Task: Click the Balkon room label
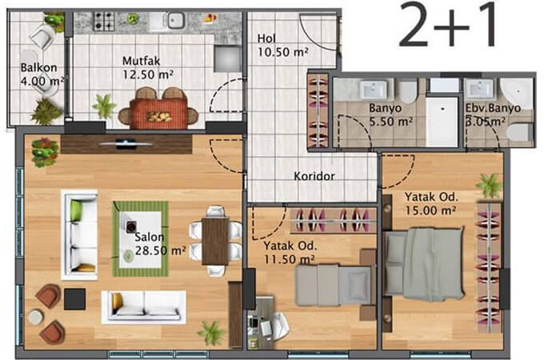(38, 67)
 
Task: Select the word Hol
(266, 38)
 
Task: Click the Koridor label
(314, 176)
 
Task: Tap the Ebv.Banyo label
(493, 108)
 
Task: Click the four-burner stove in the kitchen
(104, 21)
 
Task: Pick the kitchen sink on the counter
(176, 20)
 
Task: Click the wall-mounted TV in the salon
(126, 144)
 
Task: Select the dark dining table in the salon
(215, 241)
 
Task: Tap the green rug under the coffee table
(140, 239)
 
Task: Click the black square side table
(74, 299)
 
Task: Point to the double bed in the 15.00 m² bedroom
(423, 264)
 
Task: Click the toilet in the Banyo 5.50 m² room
(408, 91)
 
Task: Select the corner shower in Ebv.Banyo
(517, 93)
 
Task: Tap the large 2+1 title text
(448, 24)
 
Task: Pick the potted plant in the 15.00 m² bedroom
(489, 185)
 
